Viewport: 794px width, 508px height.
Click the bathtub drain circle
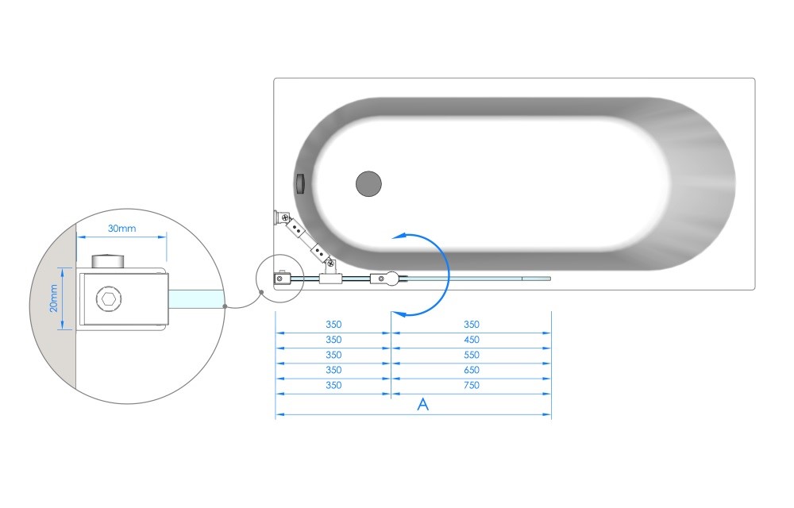coord(368,183)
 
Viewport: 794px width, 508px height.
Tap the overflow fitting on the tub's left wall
coord(300,183)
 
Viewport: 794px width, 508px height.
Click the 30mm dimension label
coord(122,228)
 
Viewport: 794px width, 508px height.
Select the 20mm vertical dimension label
coord(54,298)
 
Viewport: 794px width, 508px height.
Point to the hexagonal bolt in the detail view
coord(109,298)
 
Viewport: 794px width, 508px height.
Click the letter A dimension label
coord(423,404)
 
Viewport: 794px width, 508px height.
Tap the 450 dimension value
coord(472,340)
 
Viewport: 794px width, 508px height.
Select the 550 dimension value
coord(472,355)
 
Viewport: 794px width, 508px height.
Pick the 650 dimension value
coord(472,370)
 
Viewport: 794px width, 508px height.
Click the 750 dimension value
coord(472,385)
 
